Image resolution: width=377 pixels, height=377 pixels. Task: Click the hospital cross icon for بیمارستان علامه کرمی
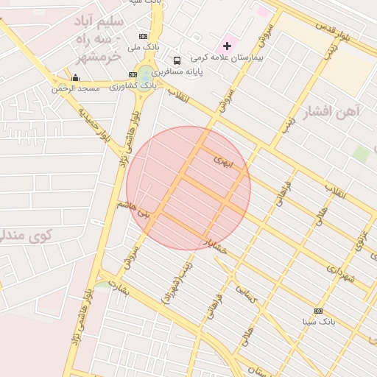[228, 46]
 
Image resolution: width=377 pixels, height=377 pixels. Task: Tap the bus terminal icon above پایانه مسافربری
[177, 60]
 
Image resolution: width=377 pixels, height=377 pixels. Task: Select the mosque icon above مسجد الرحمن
[75, 77]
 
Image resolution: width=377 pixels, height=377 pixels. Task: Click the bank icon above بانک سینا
[318, 311]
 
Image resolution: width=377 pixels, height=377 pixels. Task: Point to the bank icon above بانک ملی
[143, 36]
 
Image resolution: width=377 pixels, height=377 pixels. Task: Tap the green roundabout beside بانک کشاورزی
[147, 74]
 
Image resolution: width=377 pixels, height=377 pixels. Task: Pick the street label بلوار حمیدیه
[94, 124]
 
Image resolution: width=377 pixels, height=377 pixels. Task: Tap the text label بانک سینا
[319, 322]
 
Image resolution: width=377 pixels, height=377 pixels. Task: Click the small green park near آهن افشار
[360, 154]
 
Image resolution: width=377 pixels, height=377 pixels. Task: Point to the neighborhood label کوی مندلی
[22, 236]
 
